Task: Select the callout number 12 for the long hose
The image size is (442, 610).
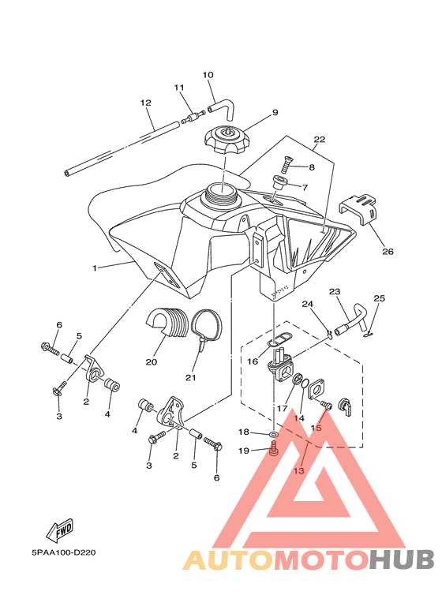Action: click(x=145, y=103)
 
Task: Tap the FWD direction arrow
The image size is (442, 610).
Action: click(x=60, y=530)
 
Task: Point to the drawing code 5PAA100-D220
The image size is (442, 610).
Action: click(x=63, y=552)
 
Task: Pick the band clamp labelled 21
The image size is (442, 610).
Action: click(x=207, y=329)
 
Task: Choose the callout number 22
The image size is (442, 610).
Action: click(x=320, y=139)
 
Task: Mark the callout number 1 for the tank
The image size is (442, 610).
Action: click(x=94, y=268)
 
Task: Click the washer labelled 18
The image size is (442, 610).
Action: click(x=274, y=433)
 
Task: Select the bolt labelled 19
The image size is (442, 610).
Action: click(x=274, y=449)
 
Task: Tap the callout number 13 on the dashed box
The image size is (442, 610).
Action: click(x=298, y=471)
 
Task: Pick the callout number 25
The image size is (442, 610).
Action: click(x=380, y=298)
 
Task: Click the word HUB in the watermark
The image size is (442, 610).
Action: click(x=402, y=560)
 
